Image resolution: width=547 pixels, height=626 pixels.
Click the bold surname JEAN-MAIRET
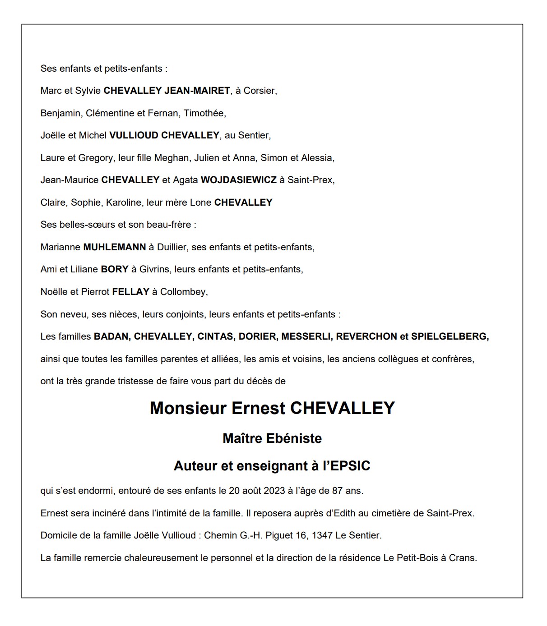click(197, 91)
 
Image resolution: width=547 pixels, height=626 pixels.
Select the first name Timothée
click(204, 113)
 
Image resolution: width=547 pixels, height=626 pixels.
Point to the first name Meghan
click(171, 158)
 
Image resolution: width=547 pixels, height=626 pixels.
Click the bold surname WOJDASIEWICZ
click(238, 180)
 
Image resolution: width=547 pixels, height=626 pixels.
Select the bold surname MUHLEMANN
click(115, 247)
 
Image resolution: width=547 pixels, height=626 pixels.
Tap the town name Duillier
click(172, 247)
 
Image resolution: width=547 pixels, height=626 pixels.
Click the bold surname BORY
click(115, 269)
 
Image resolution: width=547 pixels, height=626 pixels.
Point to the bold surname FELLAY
click(130, 292)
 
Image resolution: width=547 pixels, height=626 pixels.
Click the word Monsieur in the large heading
click(188, 408)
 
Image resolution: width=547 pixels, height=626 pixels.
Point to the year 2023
click(272, 491)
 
